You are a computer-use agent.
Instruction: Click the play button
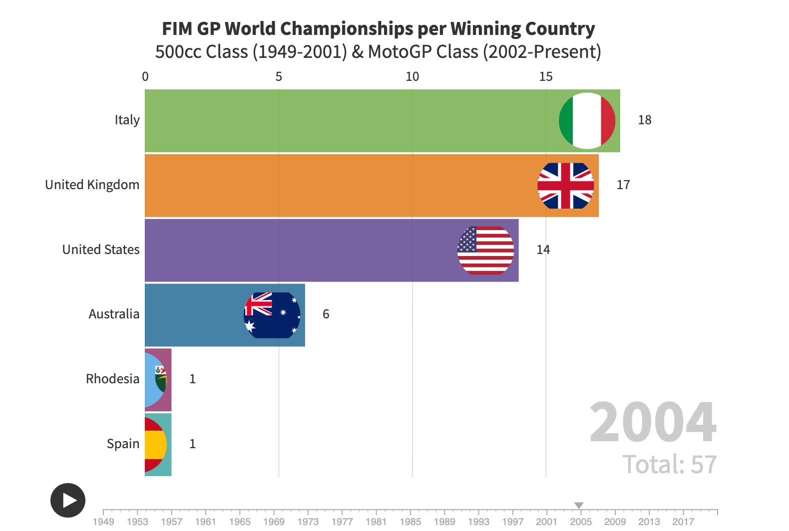coord(68,500)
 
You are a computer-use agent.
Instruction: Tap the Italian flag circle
coord(587,121)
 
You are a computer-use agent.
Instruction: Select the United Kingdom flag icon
coord(566,186)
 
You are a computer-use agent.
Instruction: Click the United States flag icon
coord(485,250)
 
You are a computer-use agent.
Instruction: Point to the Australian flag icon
coord(272,315)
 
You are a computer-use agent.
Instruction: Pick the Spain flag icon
coord(155,444)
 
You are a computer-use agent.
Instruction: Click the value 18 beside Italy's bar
coord(645,120)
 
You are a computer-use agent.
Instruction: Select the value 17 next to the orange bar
coord(623,185)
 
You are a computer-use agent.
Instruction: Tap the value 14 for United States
coord(543,250)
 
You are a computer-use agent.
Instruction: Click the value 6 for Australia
coord(326,314)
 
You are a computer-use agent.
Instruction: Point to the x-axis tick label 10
coord(412,77)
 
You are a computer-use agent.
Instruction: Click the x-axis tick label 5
coord(279,77)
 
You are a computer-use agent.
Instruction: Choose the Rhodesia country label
coord(112,379)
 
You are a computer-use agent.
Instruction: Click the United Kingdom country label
coord(92,185)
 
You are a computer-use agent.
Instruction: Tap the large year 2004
coord(653,422)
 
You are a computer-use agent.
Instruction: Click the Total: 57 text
coord(670,465)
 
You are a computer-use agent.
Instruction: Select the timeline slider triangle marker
coord(579,506)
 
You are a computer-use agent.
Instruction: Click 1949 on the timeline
coord(103,522)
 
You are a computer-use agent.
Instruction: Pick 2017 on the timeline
coord(683,522)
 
